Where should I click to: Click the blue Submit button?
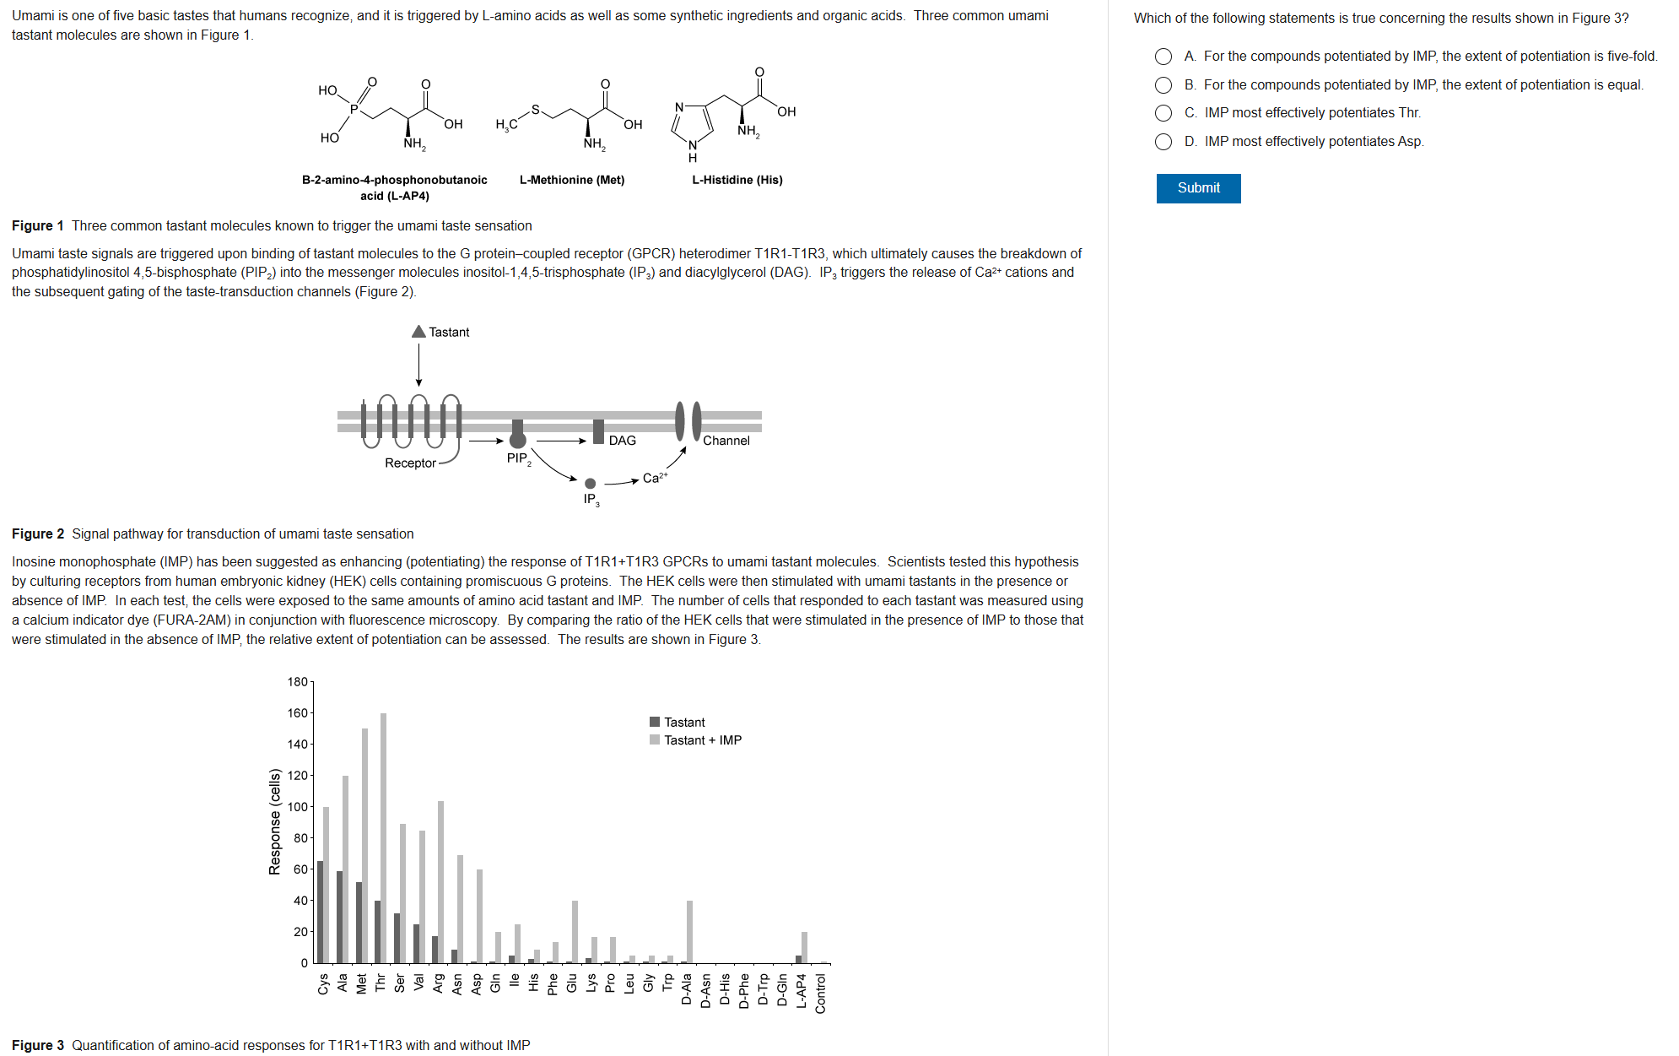tap(1198, 188)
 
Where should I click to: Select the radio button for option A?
tap(1163, 57)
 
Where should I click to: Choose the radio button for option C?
tap(1163, 113)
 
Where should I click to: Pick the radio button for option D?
tap(1163, 142)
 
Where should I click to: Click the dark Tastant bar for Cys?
tap(321, 912)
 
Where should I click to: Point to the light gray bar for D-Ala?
tap(690, 932)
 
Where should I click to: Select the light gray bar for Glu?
tap(575, 932)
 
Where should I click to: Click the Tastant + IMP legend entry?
tap(702, 740)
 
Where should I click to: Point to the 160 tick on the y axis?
tap(298, 713)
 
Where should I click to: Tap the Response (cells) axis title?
tap(274, 821)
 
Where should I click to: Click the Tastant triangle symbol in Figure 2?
tap(418, 332)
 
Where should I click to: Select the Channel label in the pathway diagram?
tap(726, 441)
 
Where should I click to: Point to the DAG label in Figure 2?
tap(622, 441)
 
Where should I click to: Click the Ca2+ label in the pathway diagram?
tap(654, 478)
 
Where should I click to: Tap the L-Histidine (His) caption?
tap(737, 180)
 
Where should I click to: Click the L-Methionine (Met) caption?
tap(572, 180)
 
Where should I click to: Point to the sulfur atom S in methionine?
tap(535, 110)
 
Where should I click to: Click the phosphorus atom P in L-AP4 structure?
tap(354, 109)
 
